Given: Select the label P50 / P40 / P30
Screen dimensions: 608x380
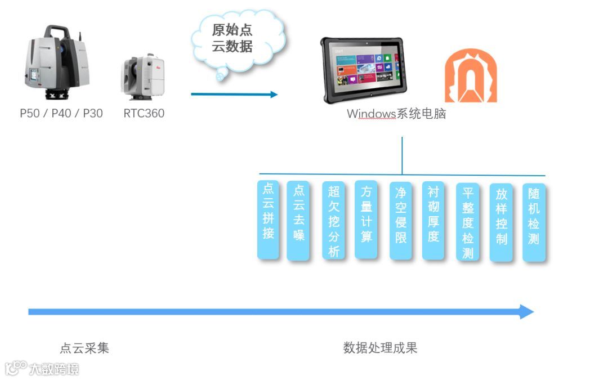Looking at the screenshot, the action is click(x=61, y=113).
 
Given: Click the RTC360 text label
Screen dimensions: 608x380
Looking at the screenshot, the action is click(x=144, y=113).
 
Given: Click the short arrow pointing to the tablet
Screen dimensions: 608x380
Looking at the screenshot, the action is click(x=234, y=94).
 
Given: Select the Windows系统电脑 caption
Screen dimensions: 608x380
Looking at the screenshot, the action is click(x=396, y=114).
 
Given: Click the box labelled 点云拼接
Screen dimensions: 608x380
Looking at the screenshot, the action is click(x=268, y=220).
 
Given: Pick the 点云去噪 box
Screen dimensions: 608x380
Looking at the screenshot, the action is click(x=298, y=220).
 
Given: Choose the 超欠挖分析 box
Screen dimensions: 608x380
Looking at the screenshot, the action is click(x=333, y=220).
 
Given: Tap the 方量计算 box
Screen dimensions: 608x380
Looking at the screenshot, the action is click(x=366, y=220).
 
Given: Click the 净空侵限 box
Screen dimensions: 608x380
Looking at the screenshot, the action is click(x=400, y=220).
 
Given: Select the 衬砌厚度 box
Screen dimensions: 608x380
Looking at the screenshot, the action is click(x=433, y=220).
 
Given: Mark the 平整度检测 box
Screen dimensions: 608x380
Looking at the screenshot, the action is click(x=467, y=222).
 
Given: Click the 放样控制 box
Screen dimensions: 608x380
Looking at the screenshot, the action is click(x=501, y=222).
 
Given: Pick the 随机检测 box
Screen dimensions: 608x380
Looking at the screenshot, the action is click(x=534, y=222).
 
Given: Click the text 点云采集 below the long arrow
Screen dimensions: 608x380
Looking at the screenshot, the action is click(x=84, y=348).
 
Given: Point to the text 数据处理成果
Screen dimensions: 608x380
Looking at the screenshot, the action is click(x=381, y=348).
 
